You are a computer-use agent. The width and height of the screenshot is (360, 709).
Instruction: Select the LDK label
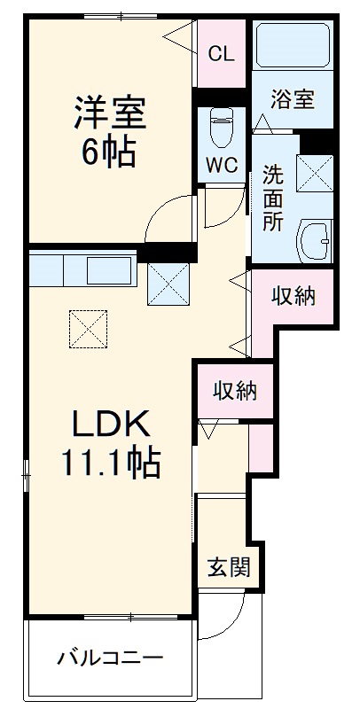pos(107,424)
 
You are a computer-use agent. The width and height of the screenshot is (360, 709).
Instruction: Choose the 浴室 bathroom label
pos(293,98)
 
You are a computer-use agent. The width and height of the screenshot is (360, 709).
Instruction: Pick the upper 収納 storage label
pos(293,297)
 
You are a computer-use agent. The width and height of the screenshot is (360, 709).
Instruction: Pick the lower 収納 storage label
pos(235,389)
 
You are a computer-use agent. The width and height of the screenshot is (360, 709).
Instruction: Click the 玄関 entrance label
pos(228,566)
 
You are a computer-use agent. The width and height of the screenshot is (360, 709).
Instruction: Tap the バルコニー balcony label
pos(111,658)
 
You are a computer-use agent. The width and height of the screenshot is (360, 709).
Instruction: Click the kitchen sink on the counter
pos(111,267)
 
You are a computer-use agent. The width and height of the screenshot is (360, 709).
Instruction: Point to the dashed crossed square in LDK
pos(87,330)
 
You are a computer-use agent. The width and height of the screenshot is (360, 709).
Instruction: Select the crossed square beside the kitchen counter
pos(169,283)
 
